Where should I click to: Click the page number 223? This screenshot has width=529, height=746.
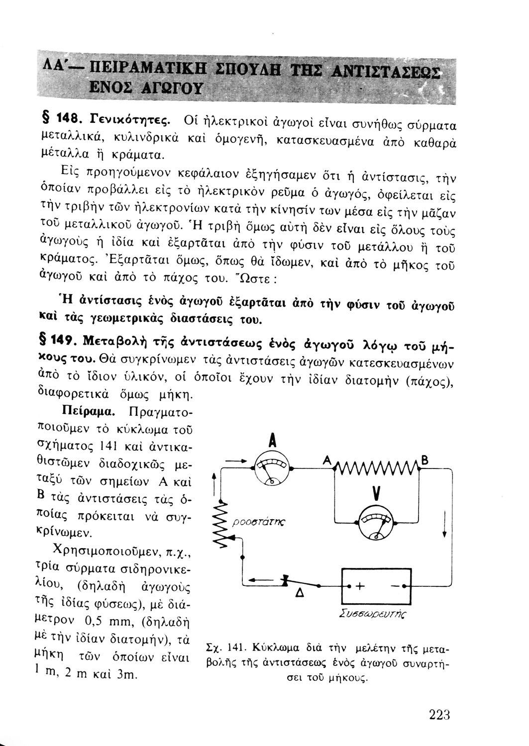pos(439,716)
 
